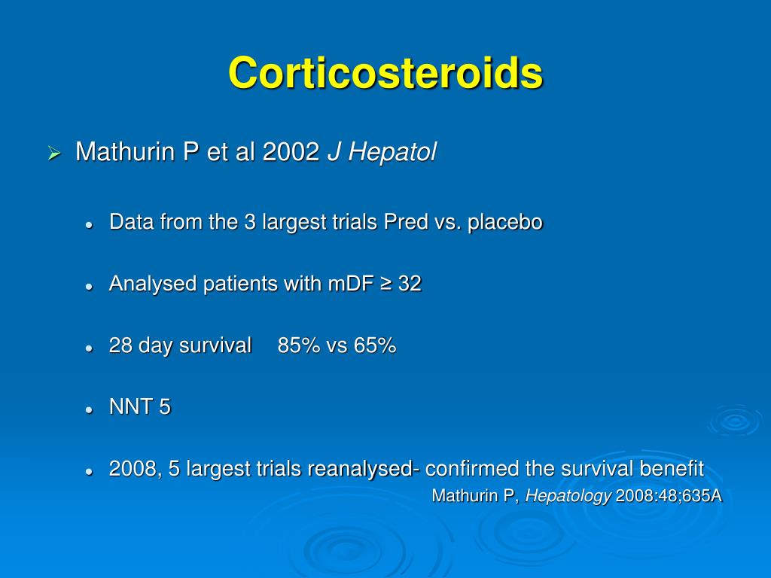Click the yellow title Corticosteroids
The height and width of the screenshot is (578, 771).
(385, 73)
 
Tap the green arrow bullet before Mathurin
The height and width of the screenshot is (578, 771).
(54, 154)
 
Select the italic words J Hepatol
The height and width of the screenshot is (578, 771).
(381, 153)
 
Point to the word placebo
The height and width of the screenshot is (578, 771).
(505, 223)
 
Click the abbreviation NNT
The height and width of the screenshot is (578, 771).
(130, 408)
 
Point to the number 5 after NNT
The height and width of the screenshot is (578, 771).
(165, 408)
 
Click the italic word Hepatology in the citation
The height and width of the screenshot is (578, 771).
(568, 496)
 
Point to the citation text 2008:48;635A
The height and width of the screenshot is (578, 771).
(669, 496)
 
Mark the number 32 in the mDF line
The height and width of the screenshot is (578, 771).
(410, 284)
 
